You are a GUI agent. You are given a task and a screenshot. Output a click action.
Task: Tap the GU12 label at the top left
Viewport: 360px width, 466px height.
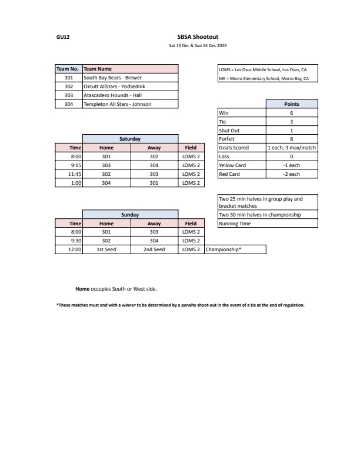coord(63,36)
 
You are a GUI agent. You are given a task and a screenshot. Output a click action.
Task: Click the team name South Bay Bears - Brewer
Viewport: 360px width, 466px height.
coord(112,78)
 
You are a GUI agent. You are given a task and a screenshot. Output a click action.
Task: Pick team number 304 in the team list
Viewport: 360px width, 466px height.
coord(68,104)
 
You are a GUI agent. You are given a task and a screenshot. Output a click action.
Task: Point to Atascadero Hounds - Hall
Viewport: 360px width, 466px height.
coord(112,95)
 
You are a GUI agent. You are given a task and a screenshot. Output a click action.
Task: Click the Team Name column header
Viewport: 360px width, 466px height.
coord(98,69)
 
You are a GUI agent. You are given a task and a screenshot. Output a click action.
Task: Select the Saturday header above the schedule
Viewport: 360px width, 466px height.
coord(130,139)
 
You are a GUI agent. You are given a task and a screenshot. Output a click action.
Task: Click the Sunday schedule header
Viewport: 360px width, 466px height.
coord(130,215)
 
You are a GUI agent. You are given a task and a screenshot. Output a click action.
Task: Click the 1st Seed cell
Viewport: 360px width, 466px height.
coord(106,249)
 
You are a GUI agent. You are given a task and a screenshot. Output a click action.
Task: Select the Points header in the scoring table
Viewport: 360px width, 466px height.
coord(291,104)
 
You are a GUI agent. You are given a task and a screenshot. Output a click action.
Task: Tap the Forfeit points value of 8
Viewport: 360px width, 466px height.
coord(291,139)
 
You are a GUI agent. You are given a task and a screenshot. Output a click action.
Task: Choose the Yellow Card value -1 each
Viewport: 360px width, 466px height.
coord(291,165)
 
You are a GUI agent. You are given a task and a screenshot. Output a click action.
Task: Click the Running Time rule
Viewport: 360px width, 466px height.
coord(234,224)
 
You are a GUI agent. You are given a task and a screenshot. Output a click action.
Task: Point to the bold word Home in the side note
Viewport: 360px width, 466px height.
coord(82,289)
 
